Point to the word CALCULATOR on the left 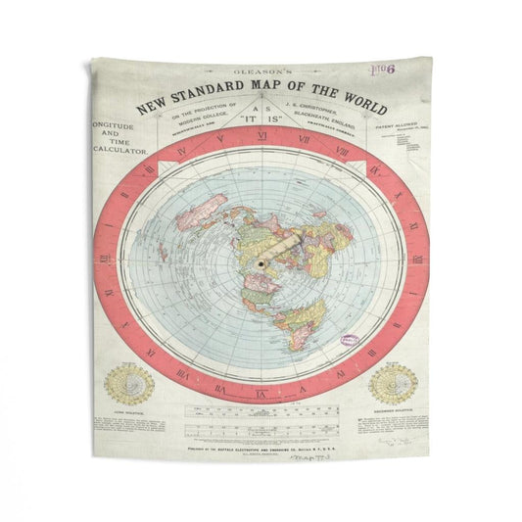[119, 151]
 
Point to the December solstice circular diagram [393, 384]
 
